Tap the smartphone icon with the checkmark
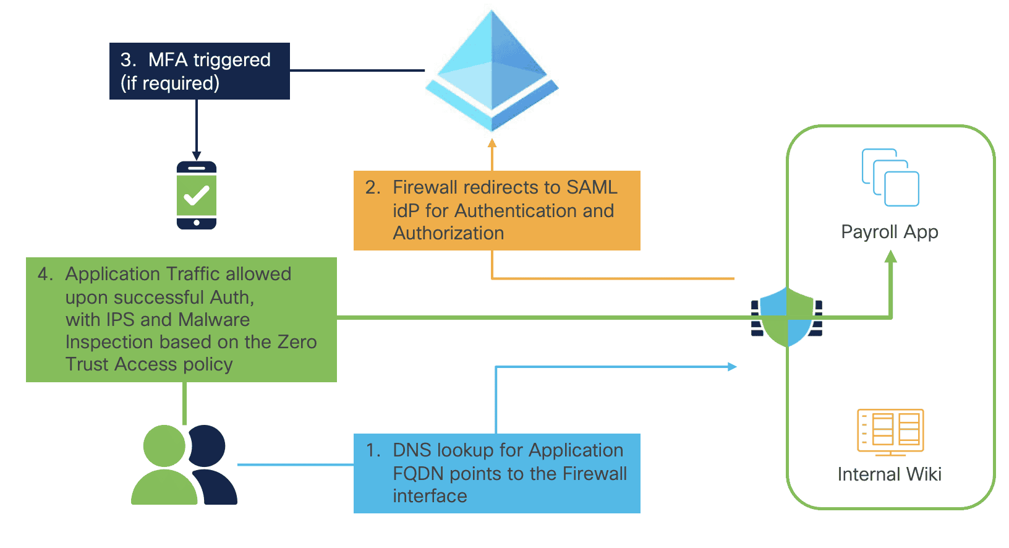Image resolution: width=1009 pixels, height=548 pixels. click(197, 195)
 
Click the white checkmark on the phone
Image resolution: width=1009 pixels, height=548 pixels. click(197, 196)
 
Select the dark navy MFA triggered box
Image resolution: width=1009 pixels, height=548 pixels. click(199, 71)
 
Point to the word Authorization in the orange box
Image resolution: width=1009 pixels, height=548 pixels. click(448, 233)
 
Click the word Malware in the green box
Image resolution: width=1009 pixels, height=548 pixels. click(214, 320)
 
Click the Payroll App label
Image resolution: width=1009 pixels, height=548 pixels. click(889, 232)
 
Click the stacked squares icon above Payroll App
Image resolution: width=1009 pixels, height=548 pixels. click(890, 178)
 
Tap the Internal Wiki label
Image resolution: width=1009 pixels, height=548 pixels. click(889, 474)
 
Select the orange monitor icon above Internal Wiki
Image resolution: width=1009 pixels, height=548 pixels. click(890, 431)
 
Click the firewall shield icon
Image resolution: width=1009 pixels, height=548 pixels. click(786, 317)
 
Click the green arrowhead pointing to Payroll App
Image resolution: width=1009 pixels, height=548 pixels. click(890, 256)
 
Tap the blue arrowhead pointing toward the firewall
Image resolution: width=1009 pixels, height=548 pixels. click(732, 367)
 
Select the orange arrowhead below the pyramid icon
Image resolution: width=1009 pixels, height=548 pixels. click(492, 143)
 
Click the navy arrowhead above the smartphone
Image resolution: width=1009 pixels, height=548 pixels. click(197, 156)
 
